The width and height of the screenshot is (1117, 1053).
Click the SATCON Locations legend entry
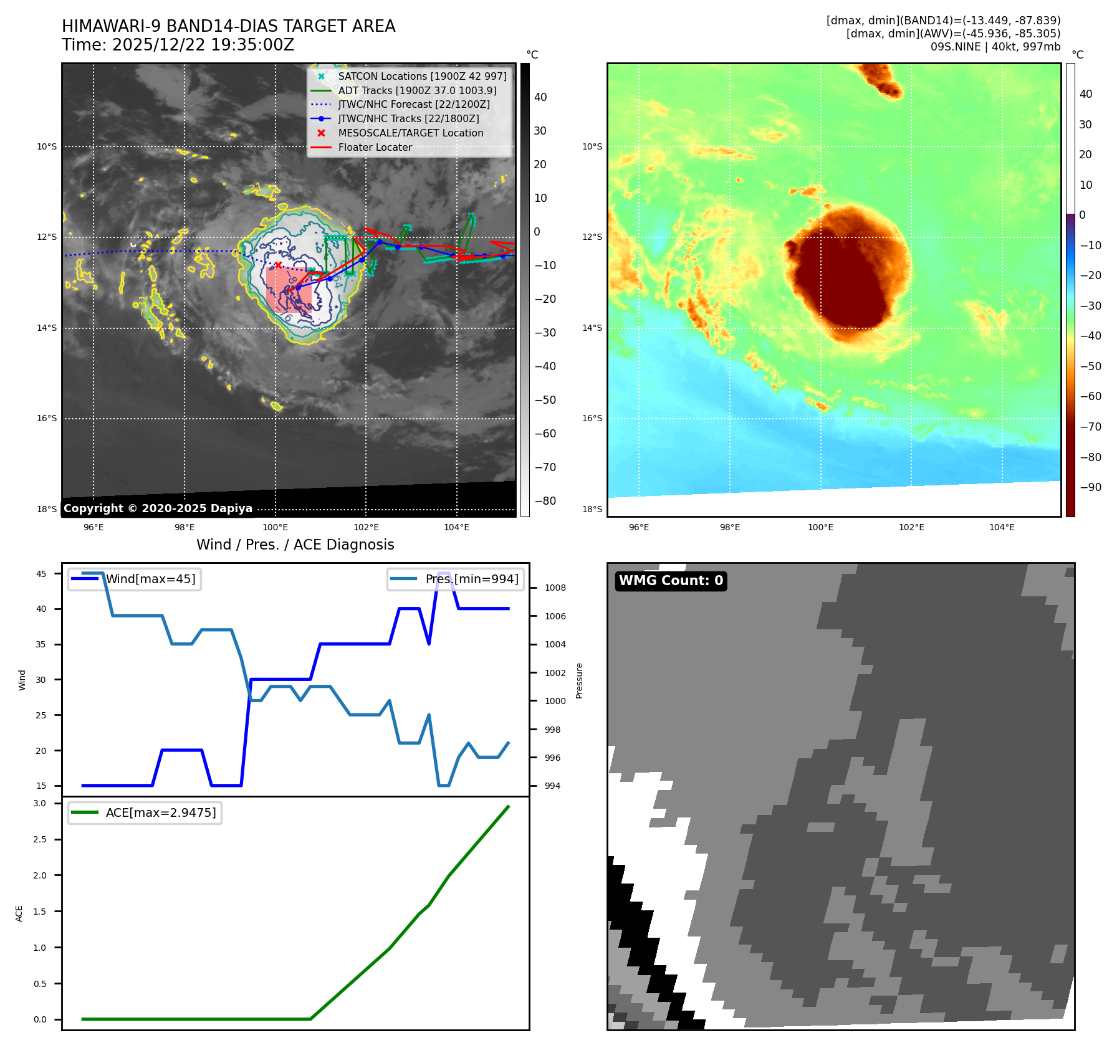click(422, 76)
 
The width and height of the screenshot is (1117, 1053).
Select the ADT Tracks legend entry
click(417, 90)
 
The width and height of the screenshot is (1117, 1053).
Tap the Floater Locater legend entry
click(375, 147)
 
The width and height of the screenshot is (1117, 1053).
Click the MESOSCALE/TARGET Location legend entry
click(410, 133)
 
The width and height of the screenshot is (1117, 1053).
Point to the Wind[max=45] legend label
click(150, 579)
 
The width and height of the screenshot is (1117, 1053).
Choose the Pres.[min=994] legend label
click(471, 579)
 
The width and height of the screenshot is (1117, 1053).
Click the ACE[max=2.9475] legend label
click(161, 812)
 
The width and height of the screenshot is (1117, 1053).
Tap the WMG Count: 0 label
click(671, 581)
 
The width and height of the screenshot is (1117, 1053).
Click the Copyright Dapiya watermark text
click(158, 508)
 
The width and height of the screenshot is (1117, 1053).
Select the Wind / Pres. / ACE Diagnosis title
click(295, 545)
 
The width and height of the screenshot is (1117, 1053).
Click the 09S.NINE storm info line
click(995, 47)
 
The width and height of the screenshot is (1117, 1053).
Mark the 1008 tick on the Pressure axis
click(555, 588)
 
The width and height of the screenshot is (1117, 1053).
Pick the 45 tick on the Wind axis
click(41, 574)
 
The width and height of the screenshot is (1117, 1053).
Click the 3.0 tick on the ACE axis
click(40, 803)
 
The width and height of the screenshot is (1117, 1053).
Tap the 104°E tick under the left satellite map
click(456, 527)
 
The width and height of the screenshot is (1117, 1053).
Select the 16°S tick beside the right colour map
click(592, 418)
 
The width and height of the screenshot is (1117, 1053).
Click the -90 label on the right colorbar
click(1090, 487)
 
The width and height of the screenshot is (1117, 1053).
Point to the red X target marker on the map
click(278, 265)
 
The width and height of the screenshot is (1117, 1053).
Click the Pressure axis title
click(579, 680)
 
